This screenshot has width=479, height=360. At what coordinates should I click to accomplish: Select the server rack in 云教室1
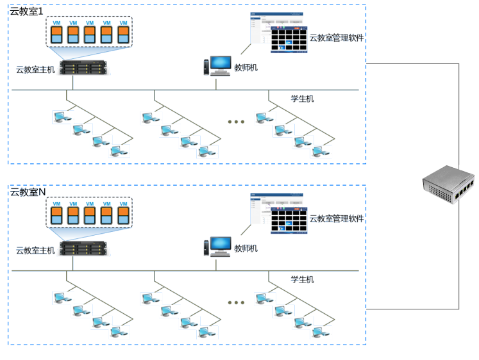pos(83,67)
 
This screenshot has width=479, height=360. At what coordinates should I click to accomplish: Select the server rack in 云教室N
pos(83,247)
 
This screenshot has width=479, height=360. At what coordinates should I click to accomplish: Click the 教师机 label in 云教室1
pos(246,67)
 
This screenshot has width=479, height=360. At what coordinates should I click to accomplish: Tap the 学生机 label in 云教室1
pos(302,99)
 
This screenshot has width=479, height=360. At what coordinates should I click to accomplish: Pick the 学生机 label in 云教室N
pos(302,279)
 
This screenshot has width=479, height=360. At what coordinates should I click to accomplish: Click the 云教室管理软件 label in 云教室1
pos(337,38)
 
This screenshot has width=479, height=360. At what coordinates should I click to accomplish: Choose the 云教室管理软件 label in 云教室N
pos(337,218)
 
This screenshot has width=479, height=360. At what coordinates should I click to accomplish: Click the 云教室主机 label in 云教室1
pos(36,69)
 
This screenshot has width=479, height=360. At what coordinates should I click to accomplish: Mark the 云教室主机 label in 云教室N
pos(36,250)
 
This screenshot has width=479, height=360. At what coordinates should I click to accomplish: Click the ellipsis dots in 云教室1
pos(236,122)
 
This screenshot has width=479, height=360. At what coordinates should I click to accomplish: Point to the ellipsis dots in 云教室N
pos(236,302)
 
